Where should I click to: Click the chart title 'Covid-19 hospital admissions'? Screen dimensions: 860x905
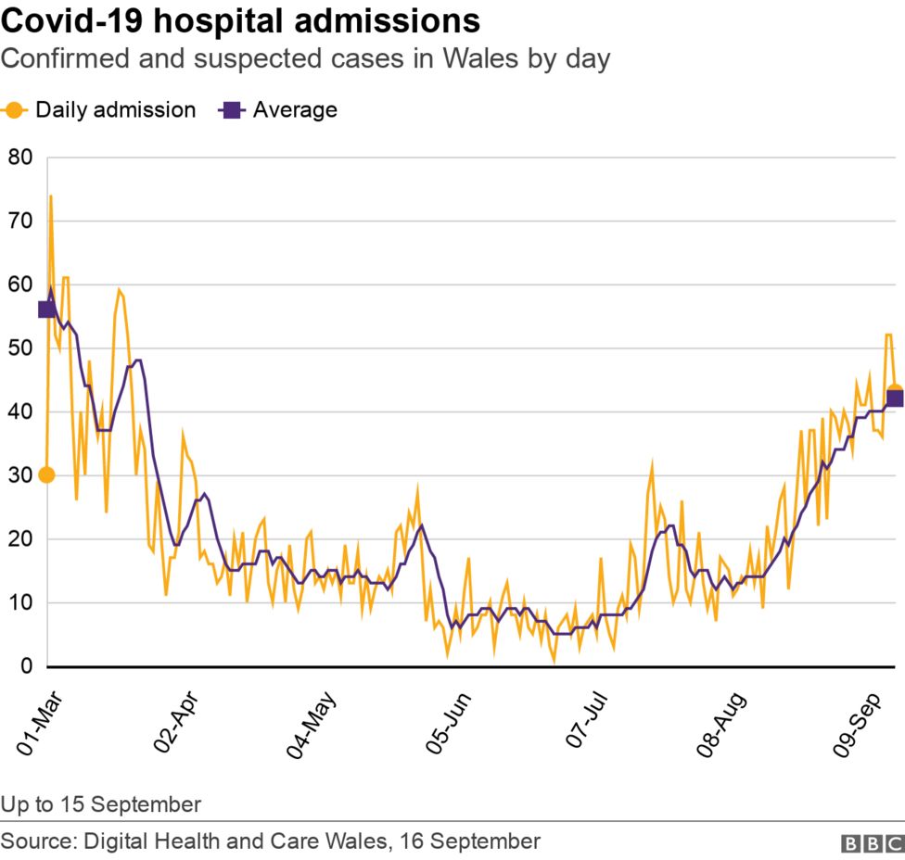[241, 20]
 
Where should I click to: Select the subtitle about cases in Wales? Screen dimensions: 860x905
[305, 60]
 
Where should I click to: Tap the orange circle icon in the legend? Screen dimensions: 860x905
[15, 110]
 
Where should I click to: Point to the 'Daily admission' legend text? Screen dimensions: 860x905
[115, 110]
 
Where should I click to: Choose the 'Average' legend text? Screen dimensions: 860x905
[295, 110]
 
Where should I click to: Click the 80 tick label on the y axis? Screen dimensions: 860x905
[20, 158]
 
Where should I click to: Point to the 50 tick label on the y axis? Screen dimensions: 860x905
[20, 348]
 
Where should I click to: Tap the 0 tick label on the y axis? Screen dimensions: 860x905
[27, 666]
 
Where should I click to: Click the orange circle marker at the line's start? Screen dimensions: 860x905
[46, 474]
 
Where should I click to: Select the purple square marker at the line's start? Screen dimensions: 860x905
[46, 309]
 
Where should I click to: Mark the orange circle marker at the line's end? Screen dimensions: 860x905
[894, 391]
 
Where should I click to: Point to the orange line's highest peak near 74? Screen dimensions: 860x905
[51, 196]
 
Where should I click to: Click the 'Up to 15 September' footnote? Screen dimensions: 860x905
[101, 803]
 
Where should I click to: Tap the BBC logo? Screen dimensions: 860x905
[872, 843]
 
